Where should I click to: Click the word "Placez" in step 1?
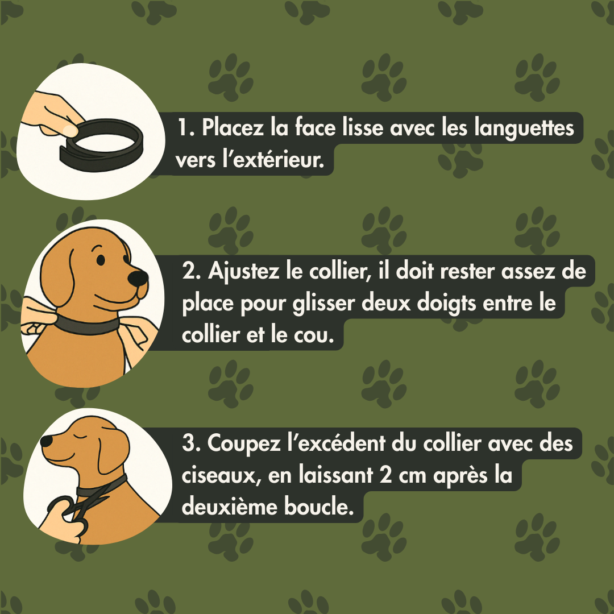click(x=233, y=127)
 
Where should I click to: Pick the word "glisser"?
click(x=323, y=304)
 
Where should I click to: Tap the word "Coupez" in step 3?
click(x=244, y=444)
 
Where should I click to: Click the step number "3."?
click(x=191, y=444)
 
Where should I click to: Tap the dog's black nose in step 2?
click(x=138, y=278)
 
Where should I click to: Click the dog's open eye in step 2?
click(x=101, y=260)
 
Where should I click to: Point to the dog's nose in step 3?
click(x=46, y=441)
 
